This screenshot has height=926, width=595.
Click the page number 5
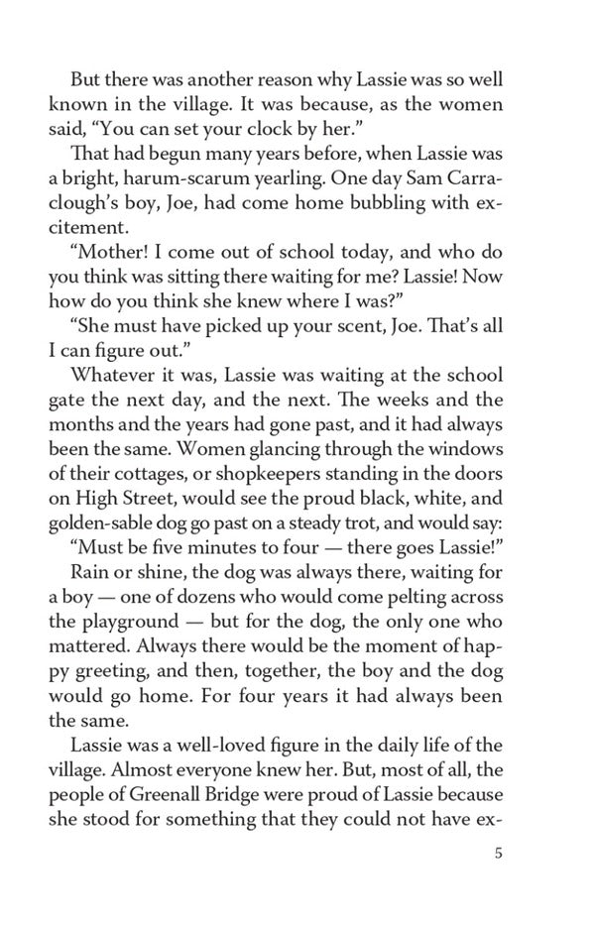pos(498,855)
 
